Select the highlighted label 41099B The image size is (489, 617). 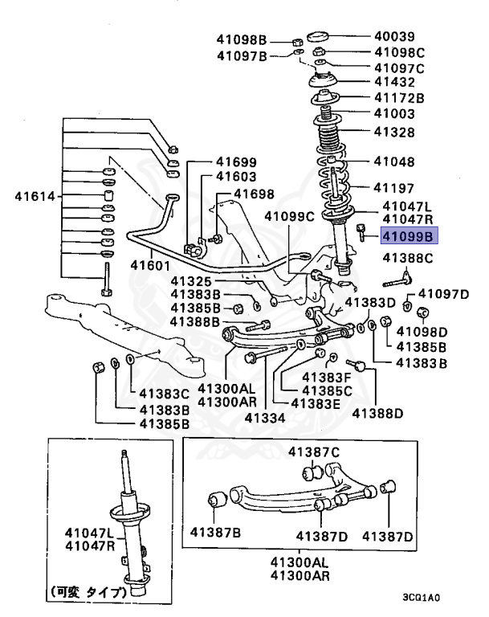pyautogui.click(x=407, y=236)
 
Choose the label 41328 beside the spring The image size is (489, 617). pyautogui.click(x=393, y=132)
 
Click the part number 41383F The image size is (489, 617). pyautogui.click(x=327, y=377)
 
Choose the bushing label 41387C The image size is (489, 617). pyautogui.click(x=314, y=452)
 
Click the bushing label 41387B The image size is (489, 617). pyautogui.click(x=215, y=533)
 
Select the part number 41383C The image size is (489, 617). pyautogui.click(x=165, y=394)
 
